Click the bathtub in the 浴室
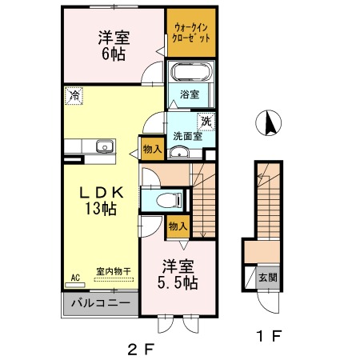tap(190, 71)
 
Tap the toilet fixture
tap(170, 200)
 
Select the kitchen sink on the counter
tap(105, 146)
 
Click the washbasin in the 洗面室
tap(179, 153)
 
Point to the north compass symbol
tap(268, 123)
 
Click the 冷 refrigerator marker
tap(74, 95)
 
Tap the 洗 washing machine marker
tap(206, 122)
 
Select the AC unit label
tap(75, 278)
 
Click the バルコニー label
tap(101, 303)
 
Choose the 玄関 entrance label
tap(268, 278)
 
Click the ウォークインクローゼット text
tap(191, 33)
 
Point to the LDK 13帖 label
tap(101, 201)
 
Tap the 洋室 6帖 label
tap(114, 46)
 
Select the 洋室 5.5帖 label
tap(178, 274)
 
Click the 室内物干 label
tap(114, 271)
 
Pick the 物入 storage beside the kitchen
tap(153, 149)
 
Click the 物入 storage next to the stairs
tap(178, 226)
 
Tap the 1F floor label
tap(269, 336)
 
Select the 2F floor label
tap(142, 349)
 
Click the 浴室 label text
tap(190, 94)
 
